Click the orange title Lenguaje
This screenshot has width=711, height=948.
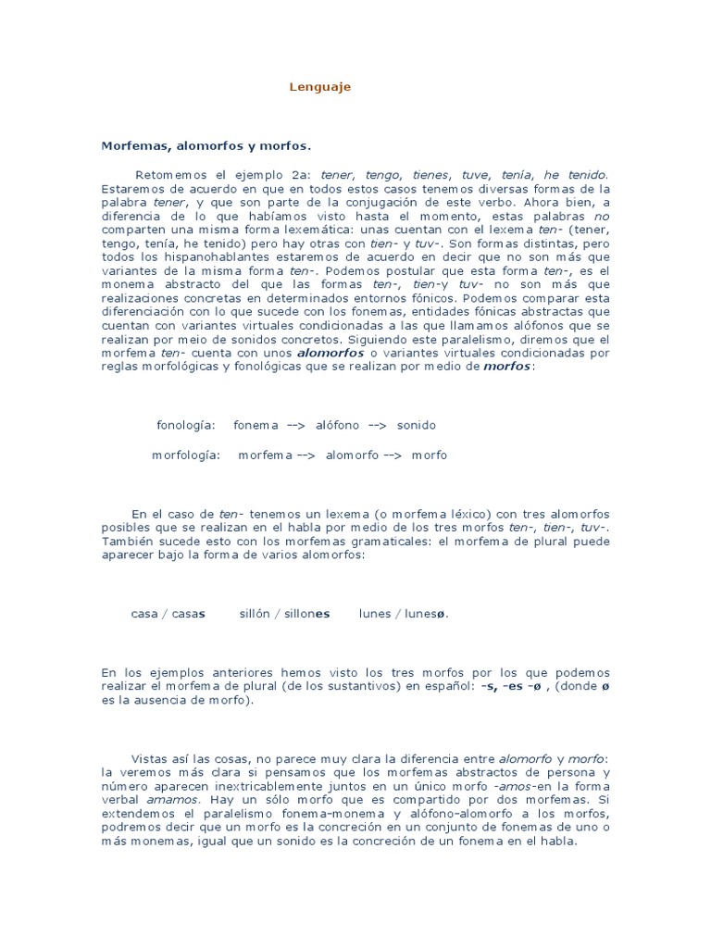click(x=319, y=87)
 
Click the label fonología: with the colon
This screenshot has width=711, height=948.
click(x=186, y=425)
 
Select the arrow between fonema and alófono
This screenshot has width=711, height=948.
click(x=296, y=425)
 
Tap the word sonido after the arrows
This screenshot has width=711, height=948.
click(x=416, y=425)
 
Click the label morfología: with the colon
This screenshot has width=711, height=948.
click(x=186, y=455)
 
